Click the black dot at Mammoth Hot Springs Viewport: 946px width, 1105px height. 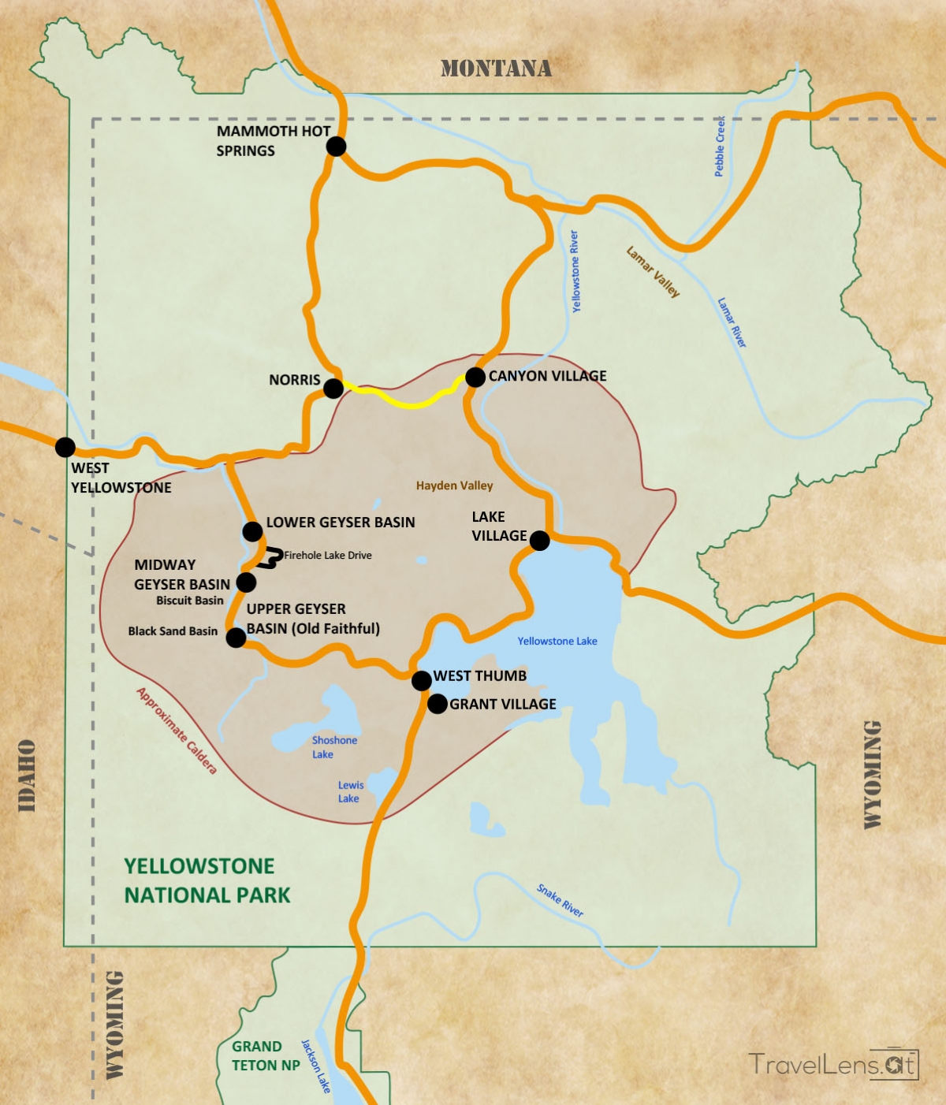[336, 146]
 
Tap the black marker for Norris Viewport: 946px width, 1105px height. [333, 388]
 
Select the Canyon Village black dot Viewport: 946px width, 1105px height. [475, 377]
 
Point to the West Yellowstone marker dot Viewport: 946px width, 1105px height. [65, 447]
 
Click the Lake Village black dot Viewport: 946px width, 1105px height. [539, 540]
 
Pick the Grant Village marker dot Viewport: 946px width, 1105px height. [437, 704]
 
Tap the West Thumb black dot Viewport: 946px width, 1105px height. [422, 679]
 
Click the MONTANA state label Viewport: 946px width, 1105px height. [496, 69]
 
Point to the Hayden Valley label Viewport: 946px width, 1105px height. [454, 486]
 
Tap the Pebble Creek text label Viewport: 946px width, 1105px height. [720, 147]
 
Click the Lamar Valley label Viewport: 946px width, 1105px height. [653, 272]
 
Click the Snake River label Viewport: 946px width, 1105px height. [560, 900]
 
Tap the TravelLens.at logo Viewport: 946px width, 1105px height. [833, 1064]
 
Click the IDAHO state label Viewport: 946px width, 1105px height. [27, 776]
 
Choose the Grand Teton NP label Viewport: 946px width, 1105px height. [265, 1055]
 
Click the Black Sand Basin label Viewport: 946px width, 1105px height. [173, 631]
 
